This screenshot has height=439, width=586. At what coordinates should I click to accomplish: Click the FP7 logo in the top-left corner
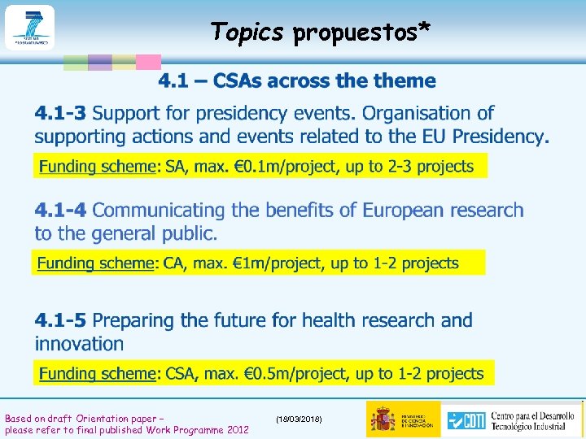(x=29, y=27)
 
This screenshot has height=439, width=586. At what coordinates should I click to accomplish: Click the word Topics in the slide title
(x=247, y=32)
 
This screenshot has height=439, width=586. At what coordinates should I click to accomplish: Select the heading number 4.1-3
(x=62, y=113)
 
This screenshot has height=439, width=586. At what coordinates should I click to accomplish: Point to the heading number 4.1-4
(x=61, y=211)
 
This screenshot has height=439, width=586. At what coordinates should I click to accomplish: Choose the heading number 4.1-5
(x=62, y=320)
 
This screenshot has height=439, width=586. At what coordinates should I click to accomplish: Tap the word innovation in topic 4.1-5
(x=79, y=343)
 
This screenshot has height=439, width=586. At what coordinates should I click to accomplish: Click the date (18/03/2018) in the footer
(x=299, y=418)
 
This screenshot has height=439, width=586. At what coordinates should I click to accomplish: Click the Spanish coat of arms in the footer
(x=383, y=419)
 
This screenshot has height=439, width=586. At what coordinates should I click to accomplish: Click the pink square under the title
(x=147, y=63)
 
